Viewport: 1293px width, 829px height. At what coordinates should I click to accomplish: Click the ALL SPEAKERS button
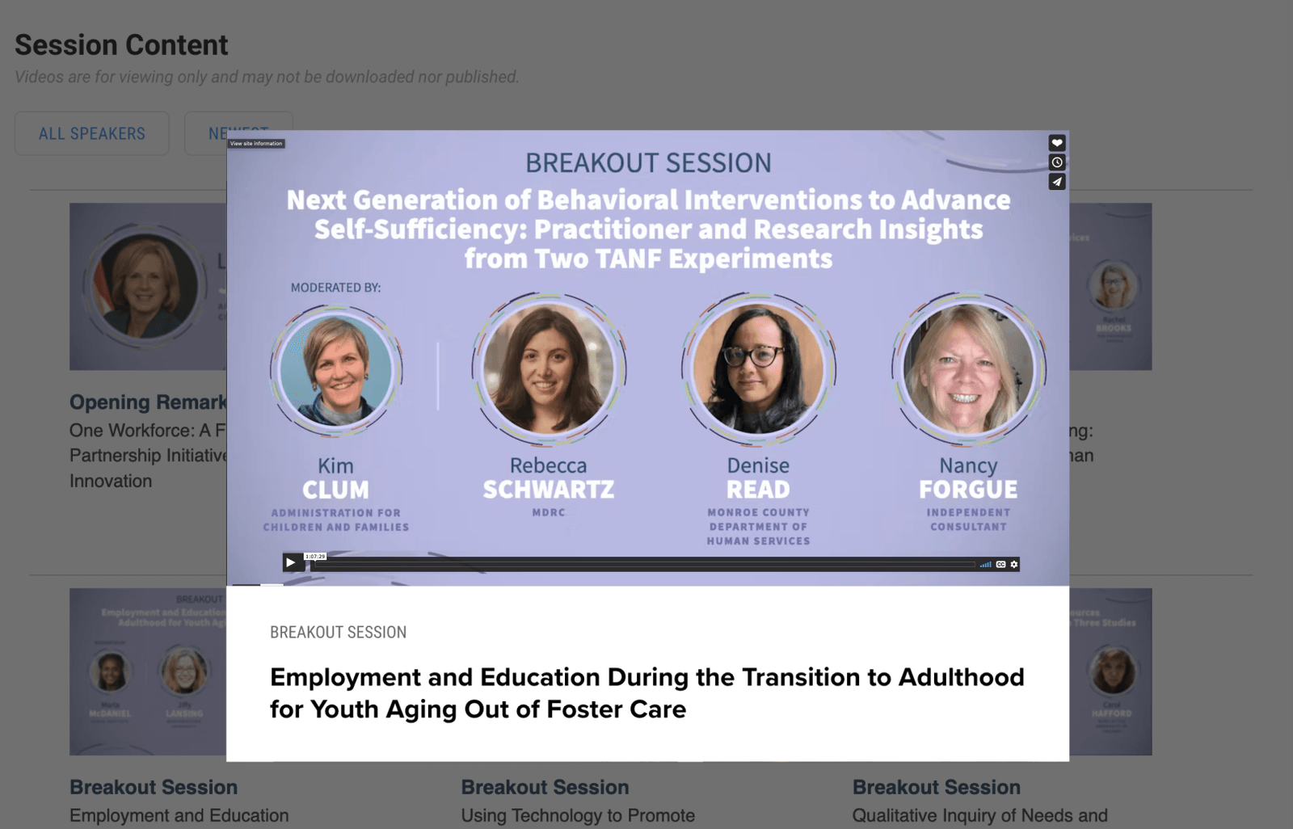(x=92, y=133)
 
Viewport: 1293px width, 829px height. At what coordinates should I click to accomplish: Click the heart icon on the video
(x=1056, y=143)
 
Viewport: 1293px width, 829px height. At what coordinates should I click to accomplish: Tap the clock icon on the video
(x=1056, y=162)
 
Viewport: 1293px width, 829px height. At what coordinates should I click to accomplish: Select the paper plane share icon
(x=1056, y=182)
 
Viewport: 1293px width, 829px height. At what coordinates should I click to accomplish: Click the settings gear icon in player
(x=1014, y=564)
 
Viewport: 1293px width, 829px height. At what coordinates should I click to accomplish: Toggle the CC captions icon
(x=1000, y=564)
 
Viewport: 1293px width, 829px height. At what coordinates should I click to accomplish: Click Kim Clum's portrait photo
(x=336, y=370)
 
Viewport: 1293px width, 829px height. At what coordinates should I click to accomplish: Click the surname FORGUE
(x=968, y=490)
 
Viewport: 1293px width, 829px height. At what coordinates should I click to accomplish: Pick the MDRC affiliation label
(x=549, y=512)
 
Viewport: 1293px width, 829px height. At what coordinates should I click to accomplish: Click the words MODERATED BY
(x=335, y=288)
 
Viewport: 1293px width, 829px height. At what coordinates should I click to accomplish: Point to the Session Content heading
(x=121, y=45)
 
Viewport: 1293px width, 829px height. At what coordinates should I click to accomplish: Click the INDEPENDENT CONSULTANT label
(x=968, y=520)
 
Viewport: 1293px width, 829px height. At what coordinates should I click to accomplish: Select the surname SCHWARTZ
(x=549, y=490)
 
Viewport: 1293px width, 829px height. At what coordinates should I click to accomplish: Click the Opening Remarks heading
(x=148, y=402)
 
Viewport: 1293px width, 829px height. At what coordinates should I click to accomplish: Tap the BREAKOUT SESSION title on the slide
(x=648, y=163)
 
